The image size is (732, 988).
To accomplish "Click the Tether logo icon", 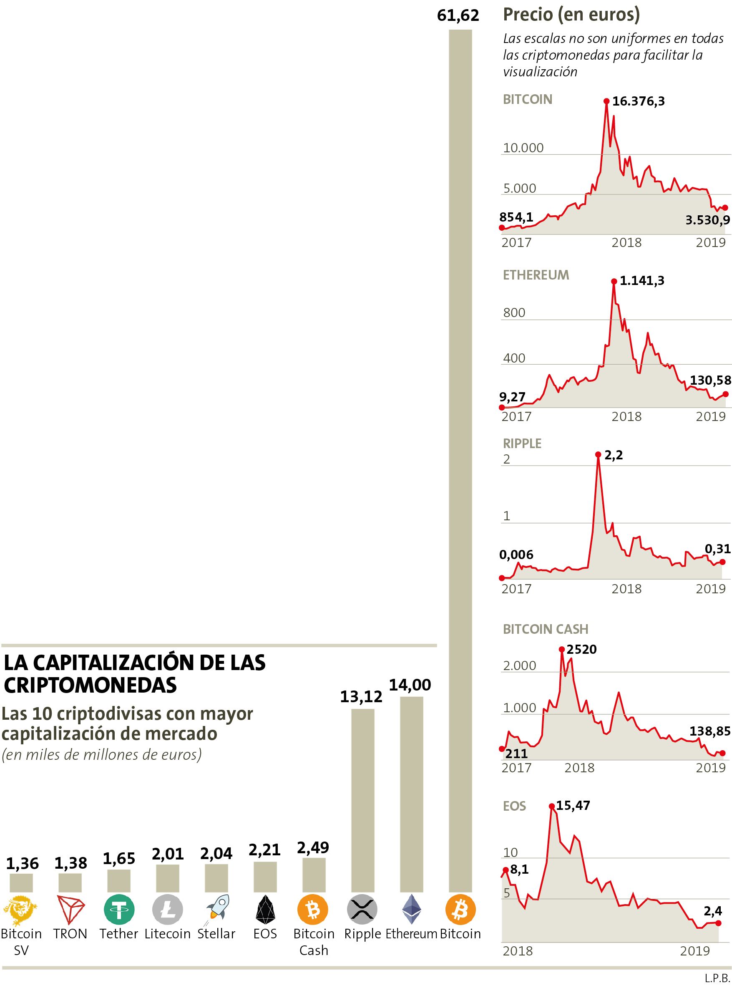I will coord(119,910).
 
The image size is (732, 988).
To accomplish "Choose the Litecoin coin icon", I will coord(168,910).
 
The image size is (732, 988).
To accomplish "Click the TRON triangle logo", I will coord(70,910).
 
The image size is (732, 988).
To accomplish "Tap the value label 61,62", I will coord(458,16).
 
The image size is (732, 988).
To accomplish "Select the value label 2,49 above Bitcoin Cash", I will coord(313,847).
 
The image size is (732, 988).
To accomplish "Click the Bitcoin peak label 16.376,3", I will coord(638,101).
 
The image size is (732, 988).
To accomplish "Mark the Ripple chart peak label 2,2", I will coord(613,455).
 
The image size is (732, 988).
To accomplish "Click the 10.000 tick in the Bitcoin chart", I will coord(523,148).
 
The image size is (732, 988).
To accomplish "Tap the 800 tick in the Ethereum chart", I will coord(514,313).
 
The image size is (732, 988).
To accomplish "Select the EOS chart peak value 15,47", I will coord(573,805).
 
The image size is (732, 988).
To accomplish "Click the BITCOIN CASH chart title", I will coord(546,630).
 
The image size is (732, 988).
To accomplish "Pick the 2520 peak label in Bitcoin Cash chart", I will coord(581,650).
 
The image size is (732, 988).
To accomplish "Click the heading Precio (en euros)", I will coord(571,15).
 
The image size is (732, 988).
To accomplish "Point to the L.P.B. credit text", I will coord(717,978).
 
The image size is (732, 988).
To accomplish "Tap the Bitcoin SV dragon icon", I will coord(20,910).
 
